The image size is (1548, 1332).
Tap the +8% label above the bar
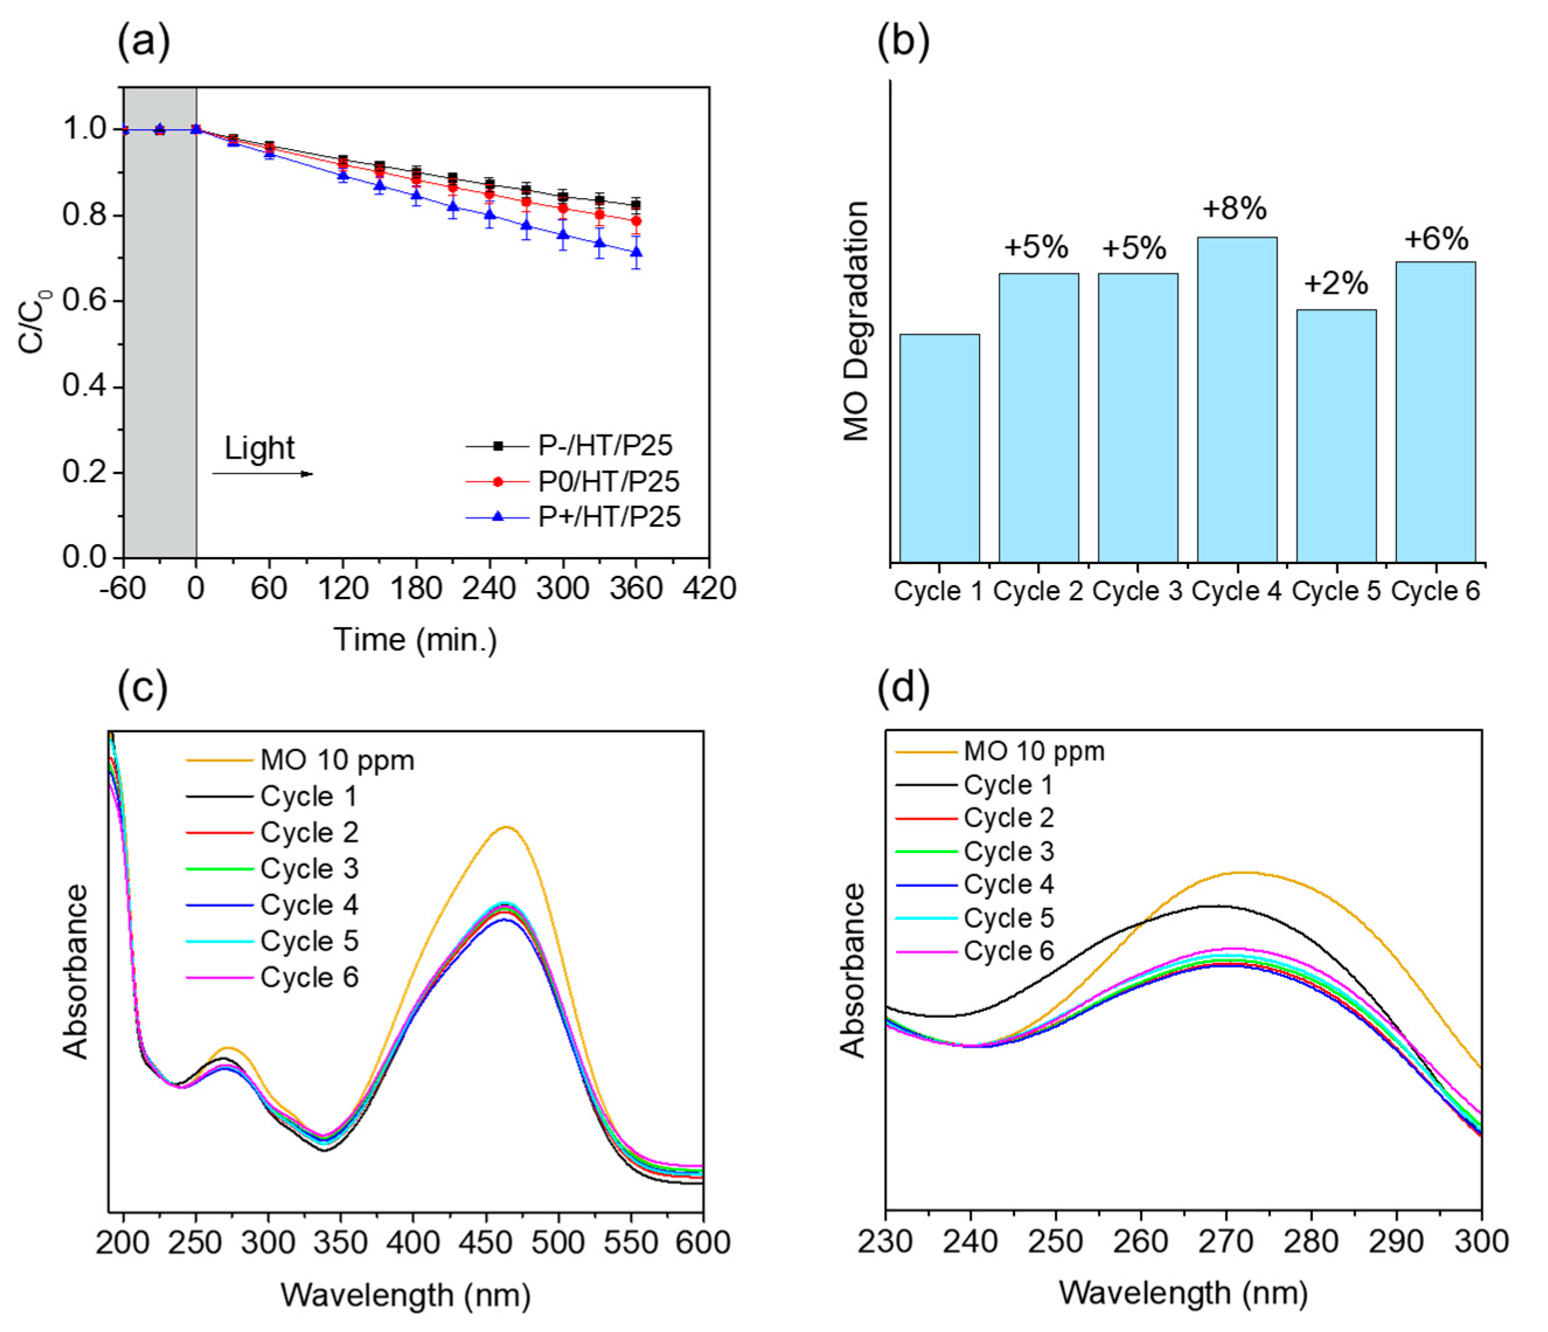click(1234, 208)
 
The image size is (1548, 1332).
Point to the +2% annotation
click(1336, 283)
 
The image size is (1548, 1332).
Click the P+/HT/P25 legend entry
click(609, 517)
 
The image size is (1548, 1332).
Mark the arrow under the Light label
click(262, 474)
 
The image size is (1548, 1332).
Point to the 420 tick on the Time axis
click(709, 589)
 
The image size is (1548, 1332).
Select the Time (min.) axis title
click(415, 639)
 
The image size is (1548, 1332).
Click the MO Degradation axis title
click(856, 321)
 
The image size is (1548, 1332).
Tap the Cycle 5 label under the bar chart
click(1336, 591)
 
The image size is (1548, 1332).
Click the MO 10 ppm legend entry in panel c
click(337, 760)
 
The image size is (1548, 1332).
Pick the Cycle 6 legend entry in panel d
click(1008, 951)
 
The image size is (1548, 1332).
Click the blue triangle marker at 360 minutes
click(636, 253)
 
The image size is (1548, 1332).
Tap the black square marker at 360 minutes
click(636, 204)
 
